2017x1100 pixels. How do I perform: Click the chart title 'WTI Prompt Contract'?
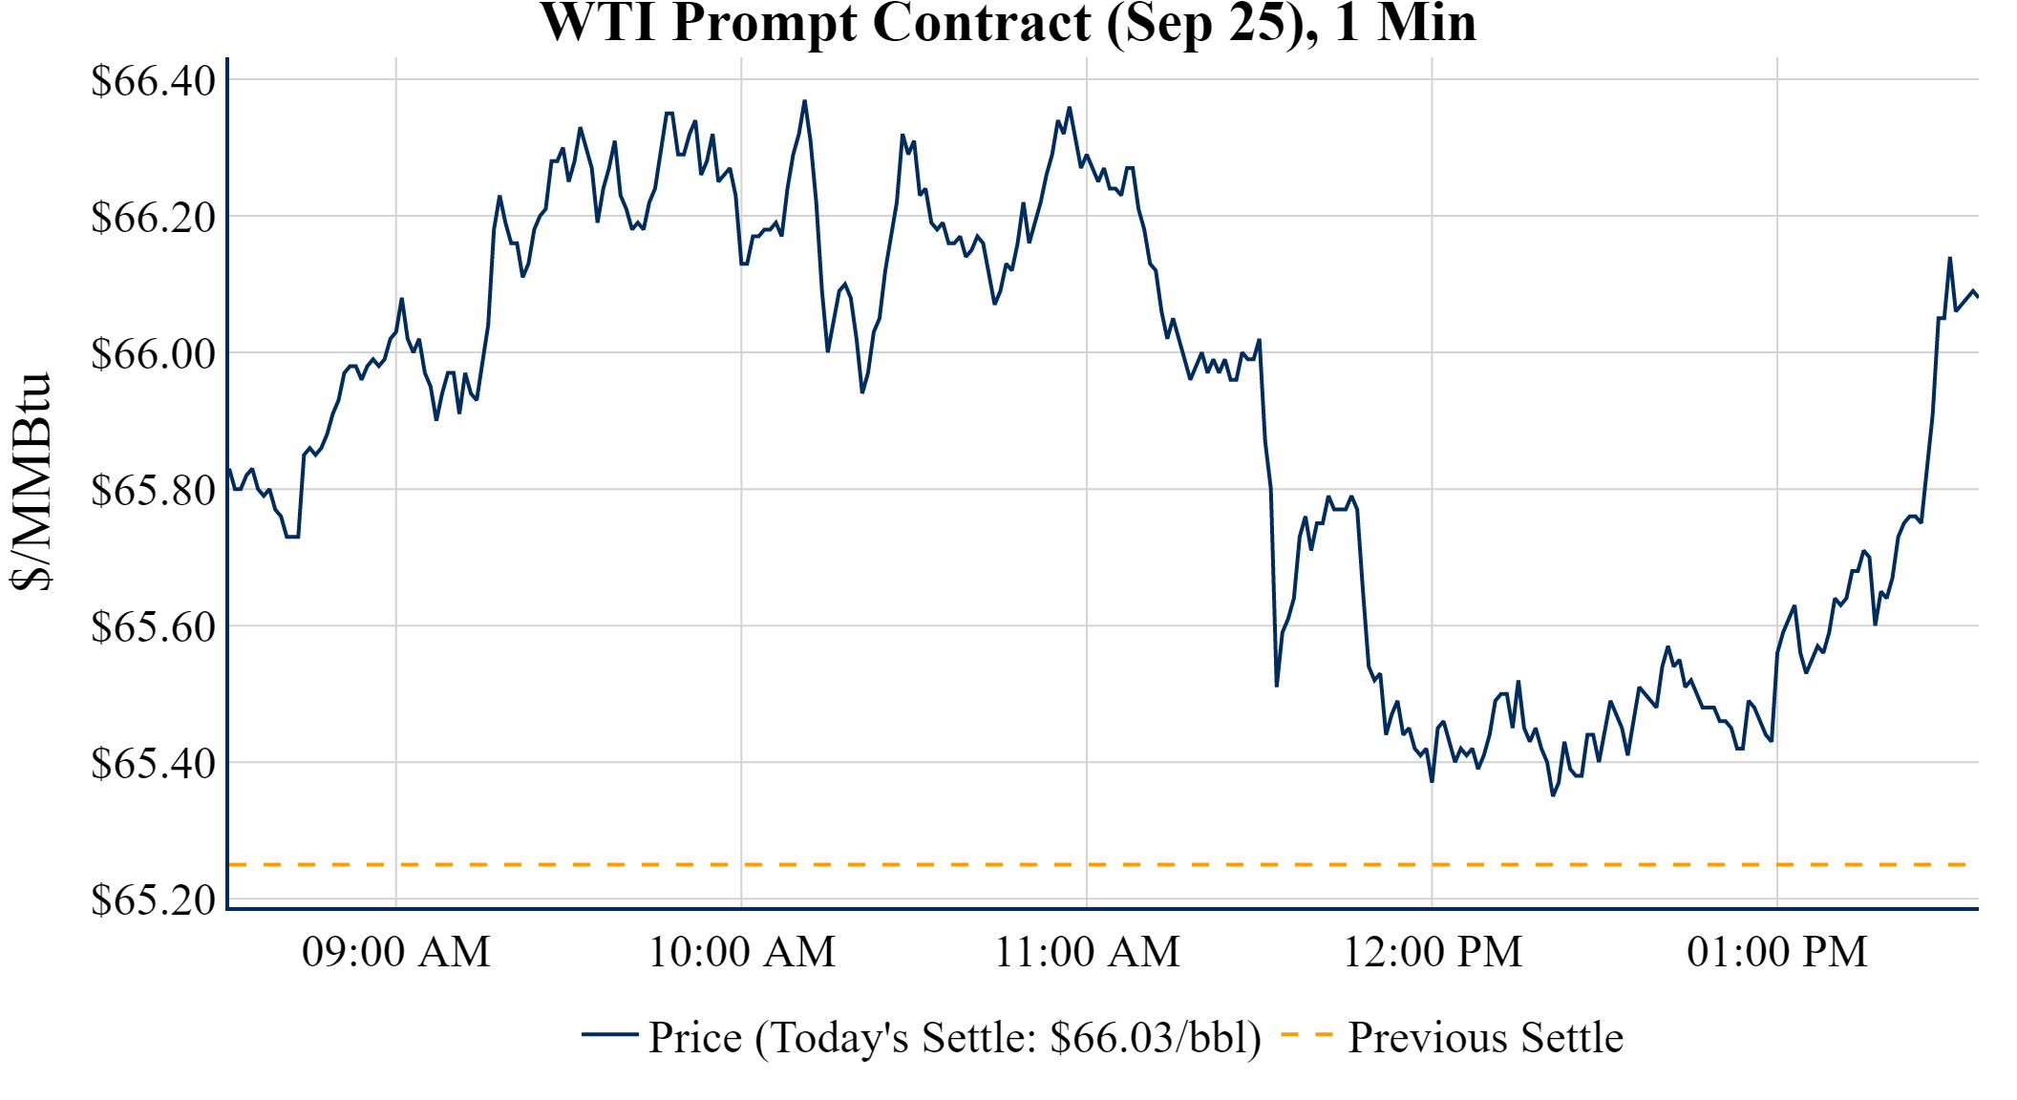tap(1008, 23)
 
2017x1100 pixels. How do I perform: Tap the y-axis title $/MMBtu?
tap(31, 482)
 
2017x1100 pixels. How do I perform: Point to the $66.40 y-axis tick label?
tap(153, 80)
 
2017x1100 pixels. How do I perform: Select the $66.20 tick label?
tap(153, 217)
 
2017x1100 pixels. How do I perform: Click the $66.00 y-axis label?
tap(153, 353)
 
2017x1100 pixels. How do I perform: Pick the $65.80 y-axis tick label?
tap(153, 490)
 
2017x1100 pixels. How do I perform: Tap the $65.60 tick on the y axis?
tap(153, 626)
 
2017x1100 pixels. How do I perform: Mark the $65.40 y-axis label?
tap(153, 763)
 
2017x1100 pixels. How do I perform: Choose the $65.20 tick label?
tap(153, 899)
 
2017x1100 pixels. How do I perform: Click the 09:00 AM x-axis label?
tap(396, 952)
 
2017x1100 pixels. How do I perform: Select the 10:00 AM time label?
tap(742, 952)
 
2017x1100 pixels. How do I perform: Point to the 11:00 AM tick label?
tap(1087, 952)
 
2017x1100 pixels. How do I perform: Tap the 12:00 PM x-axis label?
tap(1433, 952)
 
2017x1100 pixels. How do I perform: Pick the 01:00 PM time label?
tap(1777, 952)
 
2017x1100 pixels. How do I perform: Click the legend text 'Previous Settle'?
tap(1485, 1037)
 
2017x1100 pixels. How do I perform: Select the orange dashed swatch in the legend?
tap(1306, 1034)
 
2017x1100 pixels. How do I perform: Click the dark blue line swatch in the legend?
tap(609, 1034)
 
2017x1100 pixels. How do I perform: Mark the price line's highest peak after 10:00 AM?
tap(804, 101)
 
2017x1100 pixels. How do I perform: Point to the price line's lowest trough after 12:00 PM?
tap(1553, 794)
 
